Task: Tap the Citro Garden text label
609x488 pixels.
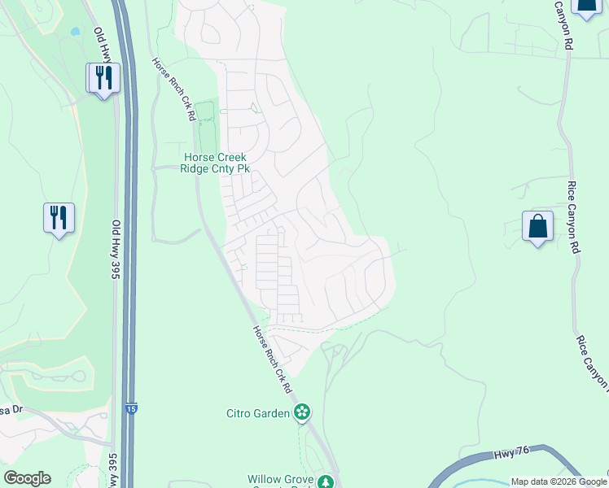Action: pos(258,413)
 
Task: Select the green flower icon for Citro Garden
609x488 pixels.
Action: pos(302,412)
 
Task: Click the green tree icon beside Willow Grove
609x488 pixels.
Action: pos(326,482)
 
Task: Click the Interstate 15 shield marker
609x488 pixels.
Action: pos(131,408)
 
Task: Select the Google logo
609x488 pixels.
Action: pos(27,478)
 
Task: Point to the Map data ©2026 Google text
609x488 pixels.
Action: pos(558,481)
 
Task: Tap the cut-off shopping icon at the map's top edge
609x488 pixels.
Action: pos(586,7)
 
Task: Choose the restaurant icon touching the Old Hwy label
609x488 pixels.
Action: pos(103,78)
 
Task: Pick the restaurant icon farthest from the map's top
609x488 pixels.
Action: pos(59,217)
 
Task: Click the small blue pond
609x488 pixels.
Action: pos(75,32)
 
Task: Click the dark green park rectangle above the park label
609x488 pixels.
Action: pos(204,111)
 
